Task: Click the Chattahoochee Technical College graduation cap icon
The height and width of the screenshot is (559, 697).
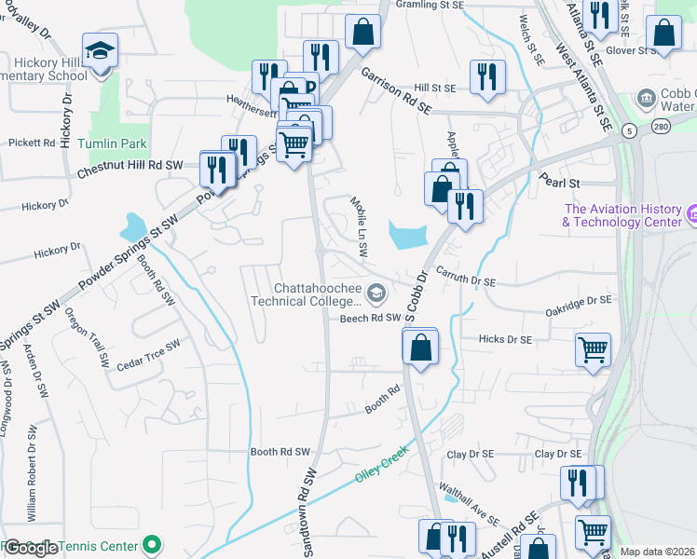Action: click(376, 294)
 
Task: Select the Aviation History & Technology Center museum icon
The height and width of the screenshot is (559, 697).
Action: click(691, 215)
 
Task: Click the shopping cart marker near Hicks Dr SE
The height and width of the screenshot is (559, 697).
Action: click(593, 350)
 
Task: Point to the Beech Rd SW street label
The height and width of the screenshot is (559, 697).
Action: click(370, 318)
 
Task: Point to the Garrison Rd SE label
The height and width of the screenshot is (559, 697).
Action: click(396, 90)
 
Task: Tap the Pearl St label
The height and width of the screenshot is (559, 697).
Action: click(559, 184)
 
